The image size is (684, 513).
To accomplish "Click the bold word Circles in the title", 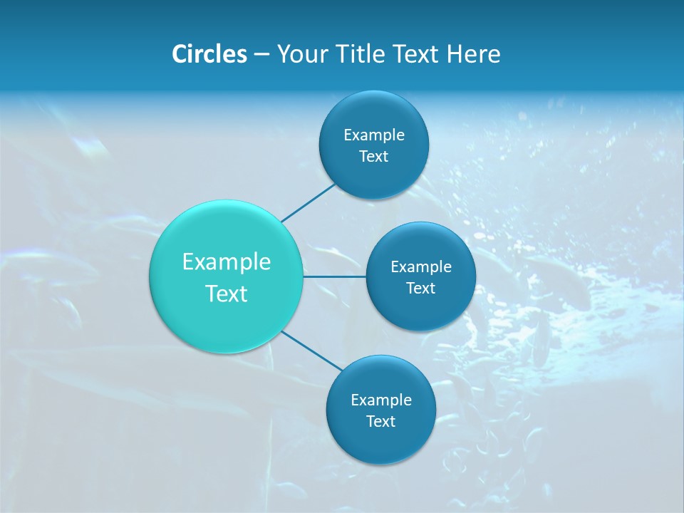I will pyautogui.click(x=209, y=54).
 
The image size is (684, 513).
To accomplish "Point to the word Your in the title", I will pyautogui.click(x=299, y=54).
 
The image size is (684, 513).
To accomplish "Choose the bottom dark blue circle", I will pyautogui.click(x=380, y=442).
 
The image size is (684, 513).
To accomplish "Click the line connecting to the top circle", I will pyautogui.click(x=307, y=202).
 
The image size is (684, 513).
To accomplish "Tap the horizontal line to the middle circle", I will pyautogui.click(x=334, y=276).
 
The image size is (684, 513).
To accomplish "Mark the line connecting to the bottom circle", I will pyautogui.click(x=311, y=350).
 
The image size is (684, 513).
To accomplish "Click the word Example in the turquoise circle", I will pyautogui.click(x=227, y=262).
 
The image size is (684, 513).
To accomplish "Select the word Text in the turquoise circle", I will pyautogui.click(x=227, y=294).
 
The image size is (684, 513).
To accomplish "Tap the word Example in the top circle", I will pyautogui.click(x=374, y=135).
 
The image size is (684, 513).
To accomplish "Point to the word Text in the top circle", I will pyautogui.click(x=373, y=157).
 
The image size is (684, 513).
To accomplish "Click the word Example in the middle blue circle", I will pyautogui.click(x=421, y=267).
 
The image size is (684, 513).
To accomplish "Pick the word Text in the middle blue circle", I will pyautogui.click(x=420, y=289).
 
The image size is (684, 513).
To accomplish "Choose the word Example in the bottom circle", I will pyautogui.click(x=381, y=400).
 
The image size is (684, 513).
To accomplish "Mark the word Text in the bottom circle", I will pyautogui.click(x=380, y=422).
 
